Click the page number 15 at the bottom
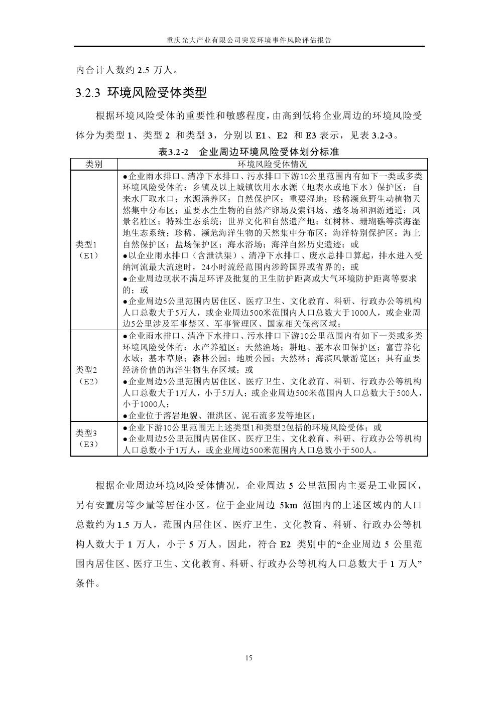(248, 658)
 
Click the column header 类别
(94, 164)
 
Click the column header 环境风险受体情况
(272, 164)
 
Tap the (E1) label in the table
(87, 255)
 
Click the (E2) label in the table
(87, 381)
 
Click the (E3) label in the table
(87, 444)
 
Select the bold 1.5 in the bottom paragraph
(123, 525)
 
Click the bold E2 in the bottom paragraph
(286, 544)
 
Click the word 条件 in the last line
(86, 583)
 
